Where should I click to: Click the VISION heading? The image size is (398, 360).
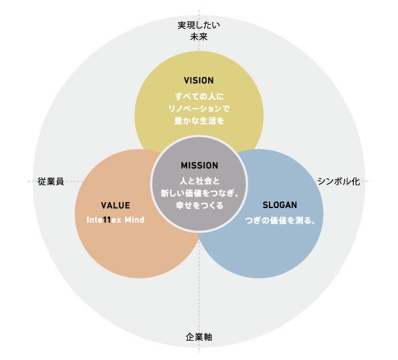pos(199,80)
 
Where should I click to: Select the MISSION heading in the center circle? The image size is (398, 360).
pos(199,165)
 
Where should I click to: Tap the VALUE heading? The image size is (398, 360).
pos(115,205)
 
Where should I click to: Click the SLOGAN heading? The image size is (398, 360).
pos(280,205)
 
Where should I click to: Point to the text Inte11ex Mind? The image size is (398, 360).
pos(115,219)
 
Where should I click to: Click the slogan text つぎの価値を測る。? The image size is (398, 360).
pos(280,219)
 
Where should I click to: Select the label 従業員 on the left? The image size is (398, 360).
pos(51,181)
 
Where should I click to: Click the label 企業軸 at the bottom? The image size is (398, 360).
pos(199,337)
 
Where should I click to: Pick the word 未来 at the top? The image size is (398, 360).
pos(199,37)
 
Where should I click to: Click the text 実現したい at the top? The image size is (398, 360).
pos(199,25)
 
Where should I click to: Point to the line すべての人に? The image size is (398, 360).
pos(199,96)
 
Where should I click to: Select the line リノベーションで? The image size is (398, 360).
pos(199,108)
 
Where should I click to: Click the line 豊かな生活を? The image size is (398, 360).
pos(199,122)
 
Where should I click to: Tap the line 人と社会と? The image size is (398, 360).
pos(199,181)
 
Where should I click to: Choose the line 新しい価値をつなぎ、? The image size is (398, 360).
pos(199,193)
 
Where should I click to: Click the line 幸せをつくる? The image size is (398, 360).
pos(199,206)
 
